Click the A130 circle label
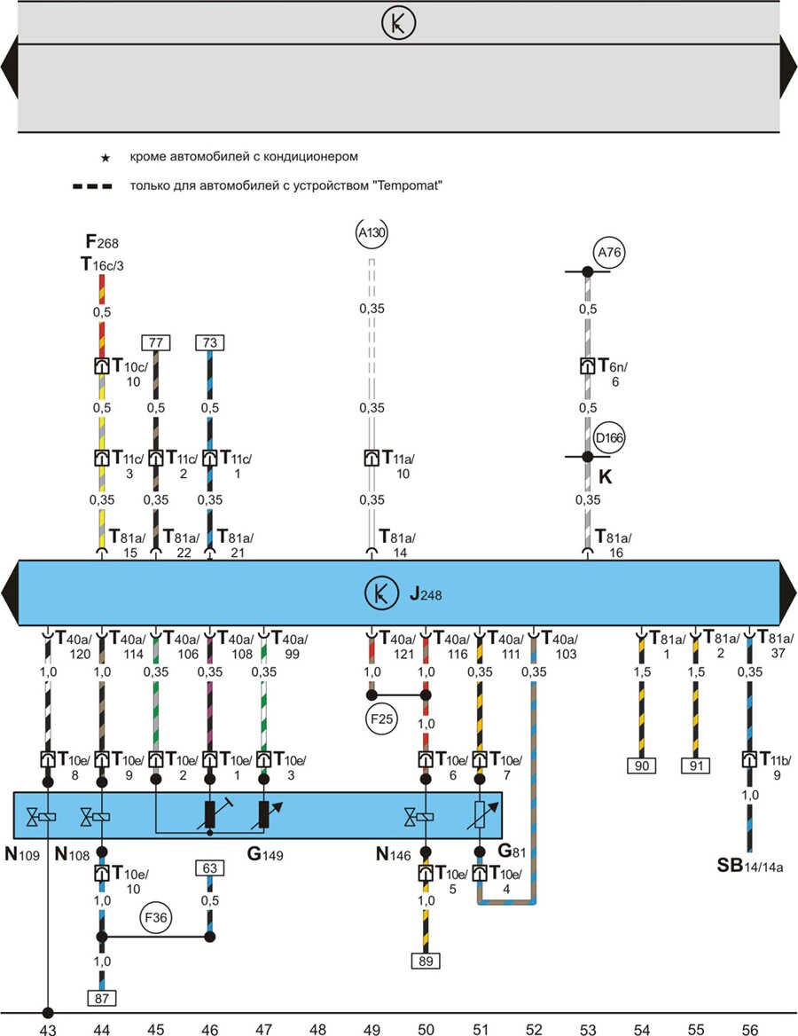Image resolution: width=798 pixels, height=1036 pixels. click(x=372, y=232)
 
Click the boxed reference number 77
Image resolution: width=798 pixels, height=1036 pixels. click(x=155, y=342)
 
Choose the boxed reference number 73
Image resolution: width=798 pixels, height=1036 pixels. click(x=209, y=342)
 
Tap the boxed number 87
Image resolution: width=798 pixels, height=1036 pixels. click(x=102, y=998)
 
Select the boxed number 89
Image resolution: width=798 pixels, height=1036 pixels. click(x=426, y=960)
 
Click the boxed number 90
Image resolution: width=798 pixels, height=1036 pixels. click(x=641, y=765)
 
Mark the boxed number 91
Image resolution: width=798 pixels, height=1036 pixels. click(x=695, y=765)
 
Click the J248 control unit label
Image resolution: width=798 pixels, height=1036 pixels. click(x=426, y=593)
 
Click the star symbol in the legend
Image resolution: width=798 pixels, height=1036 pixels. click(x=105, y=158)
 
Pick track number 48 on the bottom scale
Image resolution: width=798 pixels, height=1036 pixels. click(x=317, y=1029)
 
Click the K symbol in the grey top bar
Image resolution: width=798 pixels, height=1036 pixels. click(x=398, y=23)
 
